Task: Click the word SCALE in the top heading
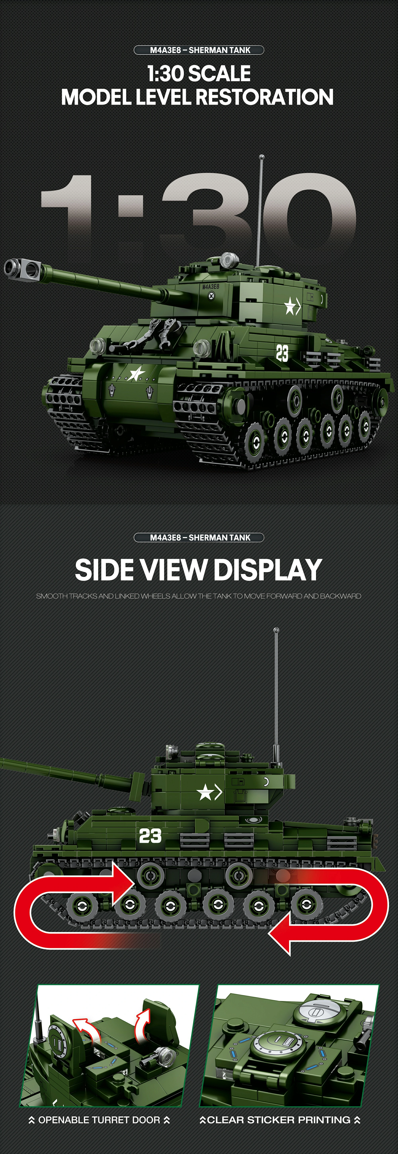[218, 74]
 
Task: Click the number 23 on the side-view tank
[150, 836]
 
